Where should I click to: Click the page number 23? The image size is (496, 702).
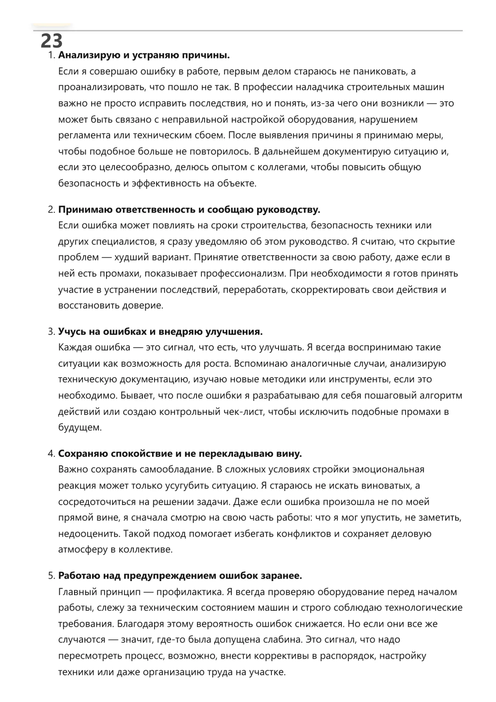click(52, 40)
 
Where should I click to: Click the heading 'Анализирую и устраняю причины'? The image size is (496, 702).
click(144, 55)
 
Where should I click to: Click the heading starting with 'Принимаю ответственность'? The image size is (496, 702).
click(189, 210)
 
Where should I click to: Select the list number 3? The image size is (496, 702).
click(50, 332)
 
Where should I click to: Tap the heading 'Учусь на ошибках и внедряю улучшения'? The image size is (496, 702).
click(160, 332)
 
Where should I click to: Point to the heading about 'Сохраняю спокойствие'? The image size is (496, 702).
click(180, 454)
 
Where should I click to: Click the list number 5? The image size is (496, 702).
click(50, 576)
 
